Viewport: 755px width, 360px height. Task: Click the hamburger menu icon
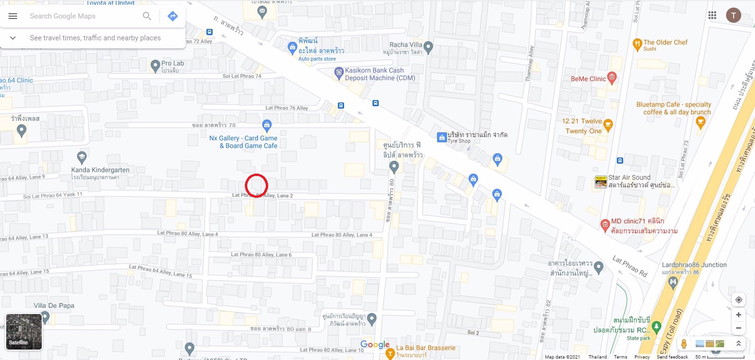(x=13, y=16)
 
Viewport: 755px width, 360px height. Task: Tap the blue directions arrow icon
(x=173, y=16)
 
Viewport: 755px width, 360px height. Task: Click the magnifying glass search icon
(x=147, y=16)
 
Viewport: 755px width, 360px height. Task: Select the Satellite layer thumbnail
(x=24, y=332)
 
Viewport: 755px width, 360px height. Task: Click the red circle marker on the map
(x=257, y=185)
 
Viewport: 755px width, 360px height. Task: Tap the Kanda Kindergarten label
(x=100, y=170)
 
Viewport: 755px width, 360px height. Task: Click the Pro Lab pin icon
(x=155, y=65)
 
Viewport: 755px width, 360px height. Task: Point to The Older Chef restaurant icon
(x=637, y=44)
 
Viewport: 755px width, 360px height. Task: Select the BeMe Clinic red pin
(x=612, y=78)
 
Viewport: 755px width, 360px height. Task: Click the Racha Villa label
(x=406, y=45)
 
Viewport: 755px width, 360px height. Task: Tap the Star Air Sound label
(x=629, y=177)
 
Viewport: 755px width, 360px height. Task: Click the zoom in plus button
(x=738, y=314)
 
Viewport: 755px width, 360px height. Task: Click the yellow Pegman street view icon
(x=684, y=343)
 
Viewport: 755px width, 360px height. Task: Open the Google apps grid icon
(x=712, y=16)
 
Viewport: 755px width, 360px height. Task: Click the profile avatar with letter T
(x=734, y=16)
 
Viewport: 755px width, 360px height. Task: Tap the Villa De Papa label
(x=54, y=305)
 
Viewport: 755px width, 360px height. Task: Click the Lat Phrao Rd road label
(x=630, y=266)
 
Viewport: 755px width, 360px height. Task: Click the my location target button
(x=738, y=300)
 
